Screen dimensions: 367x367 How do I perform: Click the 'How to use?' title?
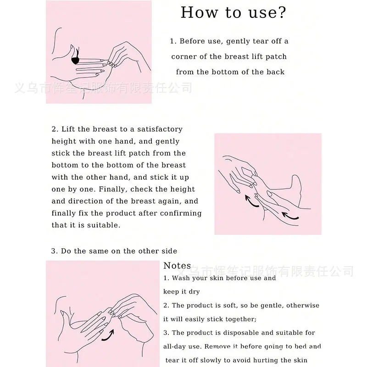coord(234,12)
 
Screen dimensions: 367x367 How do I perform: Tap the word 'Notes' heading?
coord(177,266)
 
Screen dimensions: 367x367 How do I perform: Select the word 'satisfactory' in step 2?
coord(160,129)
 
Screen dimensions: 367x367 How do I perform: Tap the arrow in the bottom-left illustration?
coord(108,335)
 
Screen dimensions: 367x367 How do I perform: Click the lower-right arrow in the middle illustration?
coord(290,216)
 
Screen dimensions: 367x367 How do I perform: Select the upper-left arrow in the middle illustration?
coord(251,201)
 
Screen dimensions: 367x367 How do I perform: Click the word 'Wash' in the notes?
coord(180,278)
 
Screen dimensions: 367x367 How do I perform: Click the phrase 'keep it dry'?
coord(182,292)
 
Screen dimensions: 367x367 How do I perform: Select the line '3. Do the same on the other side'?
coord(114,251)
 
